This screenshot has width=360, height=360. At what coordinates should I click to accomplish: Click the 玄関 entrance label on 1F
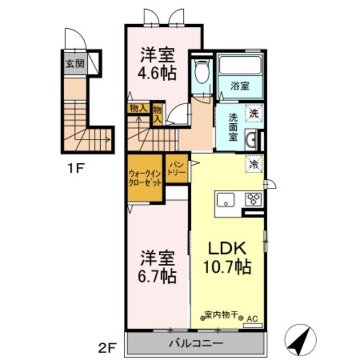coord(75,64)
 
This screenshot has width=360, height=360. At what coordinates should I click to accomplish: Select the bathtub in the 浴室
coord(240,65)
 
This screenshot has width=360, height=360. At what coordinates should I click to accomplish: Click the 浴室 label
coord(240,86)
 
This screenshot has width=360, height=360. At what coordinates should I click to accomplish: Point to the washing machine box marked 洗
coord(254,113)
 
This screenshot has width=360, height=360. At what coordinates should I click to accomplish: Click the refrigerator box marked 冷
coord(254,164)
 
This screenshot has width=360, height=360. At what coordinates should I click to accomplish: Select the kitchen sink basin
coord(226,200)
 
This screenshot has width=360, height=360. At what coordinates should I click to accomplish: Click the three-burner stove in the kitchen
coord(254,200)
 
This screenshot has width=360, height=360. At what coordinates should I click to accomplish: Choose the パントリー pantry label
coord(177,169)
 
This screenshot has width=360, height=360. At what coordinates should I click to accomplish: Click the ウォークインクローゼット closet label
coord(145,178)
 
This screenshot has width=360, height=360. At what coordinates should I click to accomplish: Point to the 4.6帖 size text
coord(157,73)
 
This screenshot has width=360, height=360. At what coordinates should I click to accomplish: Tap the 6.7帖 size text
coord(157,276)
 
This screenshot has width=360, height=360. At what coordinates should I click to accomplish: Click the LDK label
coord(227,248)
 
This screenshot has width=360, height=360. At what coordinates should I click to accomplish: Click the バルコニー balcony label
coord(196,344)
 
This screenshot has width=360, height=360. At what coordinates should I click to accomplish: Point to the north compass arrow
coord(300,340)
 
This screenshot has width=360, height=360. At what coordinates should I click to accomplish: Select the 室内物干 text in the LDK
coord(221,315)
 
